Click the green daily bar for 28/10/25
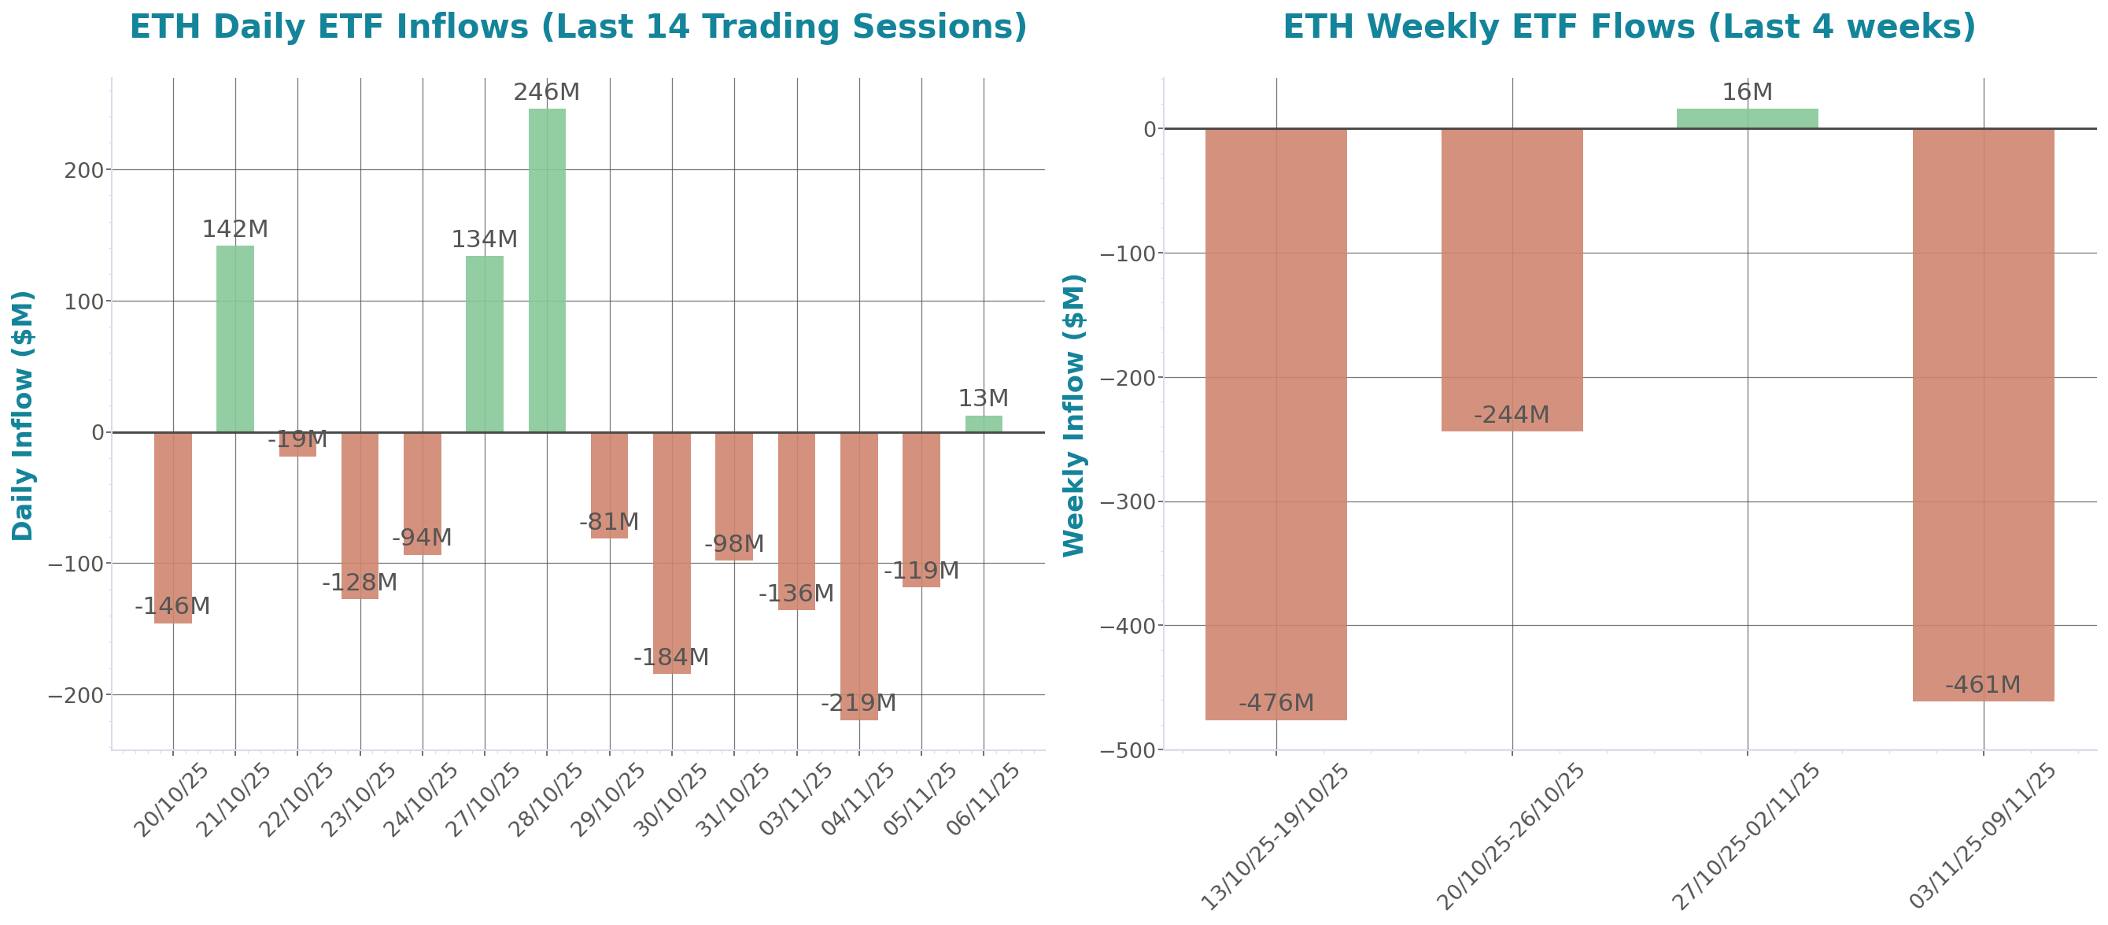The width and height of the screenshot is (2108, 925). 547,270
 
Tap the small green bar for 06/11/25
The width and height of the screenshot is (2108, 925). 983,424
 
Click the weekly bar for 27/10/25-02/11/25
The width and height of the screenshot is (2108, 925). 1747,119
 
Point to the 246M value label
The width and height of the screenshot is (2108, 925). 547,93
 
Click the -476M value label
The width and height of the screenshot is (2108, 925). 1276,703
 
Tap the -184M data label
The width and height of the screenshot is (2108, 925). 671,657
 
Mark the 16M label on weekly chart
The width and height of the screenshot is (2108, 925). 1747,93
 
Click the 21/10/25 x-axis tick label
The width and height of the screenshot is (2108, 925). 234,800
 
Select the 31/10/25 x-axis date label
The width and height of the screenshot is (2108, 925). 733,800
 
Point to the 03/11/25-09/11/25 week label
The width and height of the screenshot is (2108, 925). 1982,836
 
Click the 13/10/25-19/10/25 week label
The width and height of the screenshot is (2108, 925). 1275,836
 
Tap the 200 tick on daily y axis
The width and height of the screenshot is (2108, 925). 83,170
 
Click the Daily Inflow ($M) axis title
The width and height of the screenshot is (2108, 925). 23,415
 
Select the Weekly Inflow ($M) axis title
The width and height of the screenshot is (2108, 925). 1072,415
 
